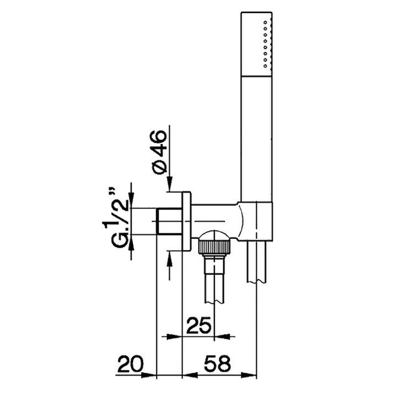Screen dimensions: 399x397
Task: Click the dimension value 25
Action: pyautogui.click(x=199, y=325)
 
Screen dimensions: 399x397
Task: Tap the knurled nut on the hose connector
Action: pyautogui.click(x=214, y=246)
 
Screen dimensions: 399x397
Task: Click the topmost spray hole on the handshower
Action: pyautogui.click(x=266, y=23)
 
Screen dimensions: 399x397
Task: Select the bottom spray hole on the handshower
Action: pyautogui.click(x=266, y=66)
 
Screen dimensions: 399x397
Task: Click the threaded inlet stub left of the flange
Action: pyautogui.click(x=170, y=221)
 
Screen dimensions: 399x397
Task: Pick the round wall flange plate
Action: pyautogui.click(x=186, y=222)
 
